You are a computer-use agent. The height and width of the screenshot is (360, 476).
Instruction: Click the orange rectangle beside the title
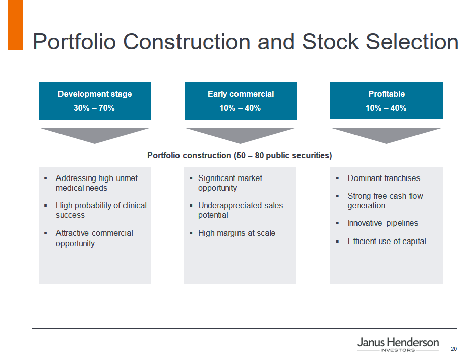coord(16,25)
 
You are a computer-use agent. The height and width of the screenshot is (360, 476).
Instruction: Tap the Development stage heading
coord(95,94)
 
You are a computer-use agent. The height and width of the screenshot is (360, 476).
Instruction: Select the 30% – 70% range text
coord(94,108)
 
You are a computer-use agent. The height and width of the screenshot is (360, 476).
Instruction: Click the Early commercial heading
coord(241,94)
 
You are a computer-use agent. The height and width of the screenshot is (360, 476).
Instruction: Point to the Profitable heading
coord(386,94)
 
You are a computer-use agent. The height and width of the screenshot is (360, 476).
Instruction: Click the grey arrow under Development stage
coord(95,136)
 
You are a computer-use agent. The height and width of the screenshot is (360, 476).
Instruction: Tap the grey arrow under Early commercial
coord(241,136)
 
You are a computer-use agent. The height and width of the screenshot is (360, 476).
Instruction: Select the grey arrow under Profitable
coord(386,136)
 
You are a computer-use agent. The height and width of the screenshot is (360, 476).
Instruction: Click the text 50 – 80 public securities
coord(283,156)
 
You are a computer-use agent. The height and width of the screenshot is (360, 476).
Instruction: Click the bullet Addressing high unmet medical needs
coord(96,183)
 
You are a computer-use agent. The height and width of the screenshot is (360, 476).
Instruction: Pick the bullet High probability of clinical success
coord(101,210)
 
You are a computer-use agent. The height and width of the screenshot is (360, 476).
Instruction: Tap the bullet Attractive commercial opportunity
coord(94,238)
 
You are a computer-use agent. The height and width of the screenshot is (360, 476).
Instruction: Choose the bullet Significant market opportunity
coord(230,183)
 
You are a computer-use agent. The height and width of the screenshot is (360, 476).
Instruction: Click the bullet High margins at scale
coord(237,233)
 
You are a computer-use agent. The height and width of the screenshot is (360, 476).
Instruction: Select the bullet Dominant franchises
coord(384,178)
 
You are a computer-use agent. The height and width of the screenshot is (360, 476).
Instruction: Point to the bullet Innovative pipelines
coord(383,223)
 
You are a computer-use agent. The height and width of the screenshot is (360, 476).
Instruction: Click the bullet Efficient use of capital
coord(387,242)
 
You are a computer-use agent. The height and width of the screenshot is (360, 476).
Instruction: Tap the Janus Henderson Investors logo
coord(398,345)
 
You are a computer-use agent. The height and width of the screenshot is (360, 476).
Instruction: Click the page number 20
coord(454,349)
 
